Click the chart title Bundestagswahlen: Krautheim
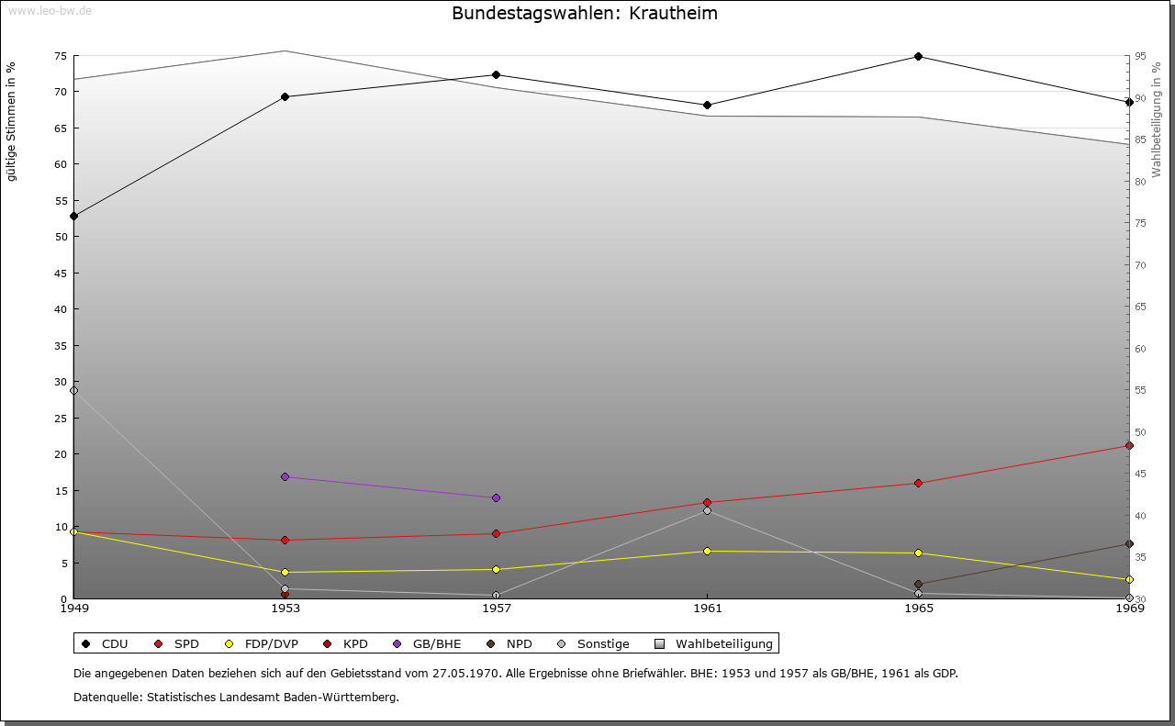click(585, 14)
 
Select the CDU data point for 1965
click(918, 57)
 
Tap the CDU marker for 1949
click(74, 217)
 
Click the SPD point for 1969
click(1129, 446)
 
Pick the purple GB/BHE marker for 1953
click(285, 477)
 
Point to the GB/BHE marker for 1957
click(496, 498)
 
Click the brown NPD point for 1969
click(1129, 544)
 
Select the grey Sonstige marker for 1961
click(707, 511)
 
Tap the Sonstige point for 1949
click(74, 391)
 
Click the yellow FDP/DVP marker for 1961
click(707, 552)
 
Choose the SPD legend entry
click(178, 644)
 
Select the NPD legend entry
click(509, 644)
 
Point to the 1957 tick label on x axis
click(496, 609)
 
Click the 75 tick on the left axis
click(60, 56)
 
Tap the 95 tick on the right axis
click(1139, 56)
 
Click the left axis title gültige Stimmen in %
click(11, 121)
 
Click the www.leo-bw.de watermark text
click(50, 10)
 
